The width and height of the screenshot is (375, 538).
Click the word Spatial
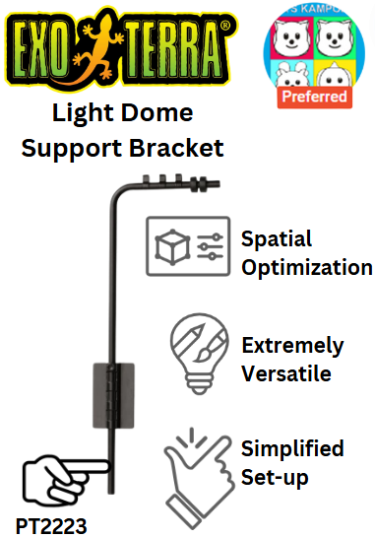[278, 239]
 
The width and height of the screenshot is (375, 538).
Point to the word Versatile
[286, 373]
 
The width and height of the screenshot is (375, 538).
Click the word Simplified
[292, 449]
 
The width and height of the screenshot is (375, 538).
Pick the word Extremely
[292, 346]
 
